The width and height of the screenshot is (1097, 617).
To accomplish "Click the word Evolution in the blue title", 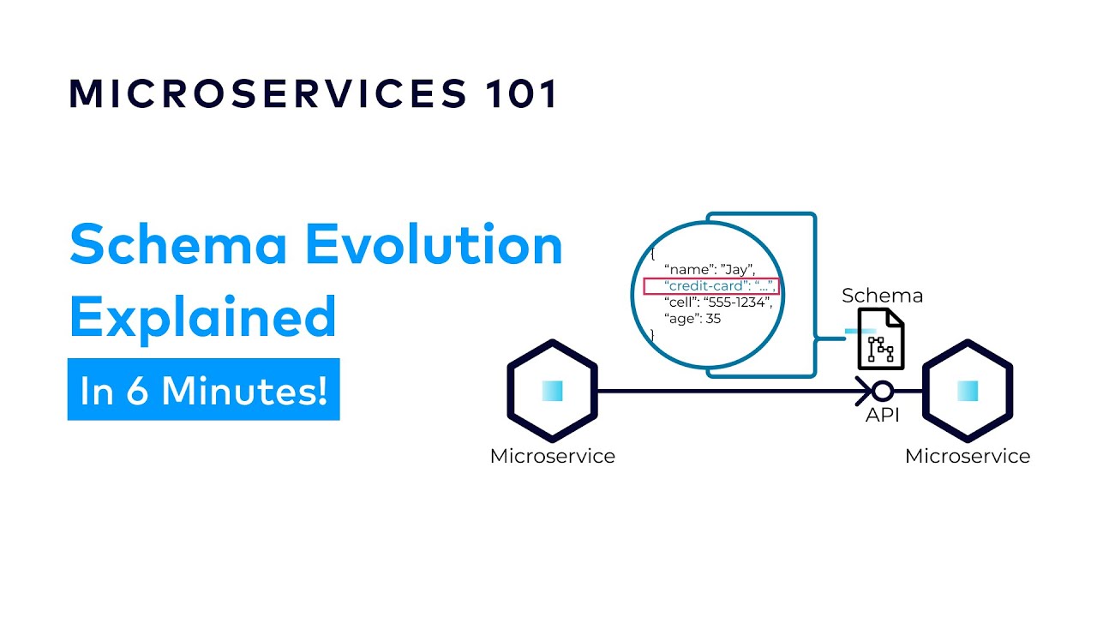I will tap(435, 246).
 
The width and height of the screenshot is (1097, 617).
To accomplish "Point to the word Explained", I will tap(202, 317).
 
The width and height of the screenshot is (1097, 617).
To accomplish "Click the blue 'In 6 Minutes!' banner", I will tap(203, 390).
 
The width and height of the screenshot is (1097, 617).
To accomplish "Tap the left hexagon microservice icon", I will tap(552, 391).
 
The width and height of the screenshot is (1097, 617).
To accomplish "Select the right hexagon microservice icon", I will tap(967, 391).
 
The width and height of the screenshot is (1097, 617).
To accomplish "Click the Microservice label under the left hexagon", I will tap(552, 456).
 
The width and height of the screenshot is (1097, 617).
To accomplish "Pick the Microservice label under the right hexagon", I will tap(967, 456).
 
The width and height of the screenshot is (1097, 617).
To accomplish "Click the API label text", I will tap(882, 416).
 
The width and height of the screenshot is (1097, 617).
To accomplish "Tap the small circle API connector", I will tap(883, 392).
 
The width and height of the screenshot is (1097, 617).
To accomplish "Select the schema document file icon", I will tap(880, 339).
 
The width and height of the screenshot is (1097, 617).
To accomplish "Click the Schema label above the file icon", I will tap(882, 297).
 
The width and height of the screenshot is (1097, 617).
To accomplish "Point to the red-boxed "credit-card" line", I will tap(710, 286).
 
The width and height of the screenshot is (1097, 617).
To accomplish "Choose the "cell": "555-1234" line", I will tap(718, 303).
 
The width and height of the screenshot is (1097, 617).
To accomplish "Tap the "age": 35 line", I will tap(692, 319).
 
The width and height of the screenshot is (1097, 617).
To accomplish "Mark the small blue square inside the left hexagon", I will tap(552, 391).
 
